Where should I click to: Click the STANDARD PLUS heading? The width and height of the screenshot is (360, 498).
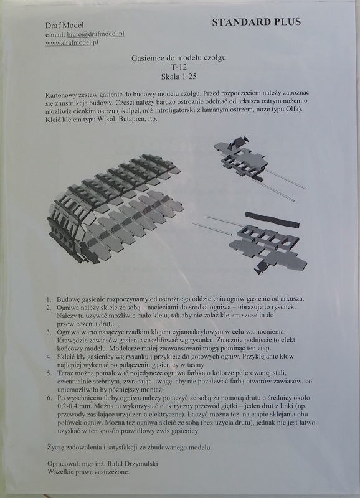[x=256, y=22]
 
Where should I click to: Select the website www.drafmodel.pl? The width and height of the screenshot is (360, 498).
[x=73, y=43]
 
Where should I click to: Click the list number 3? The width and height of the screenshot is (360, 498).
[x=49, y=333]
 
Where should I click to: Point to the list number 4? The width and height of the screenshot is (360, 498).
[x=49, y=359]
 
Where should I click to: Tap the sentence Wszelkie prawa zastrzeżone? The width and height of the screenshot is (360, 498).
[x=88, y=473]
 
